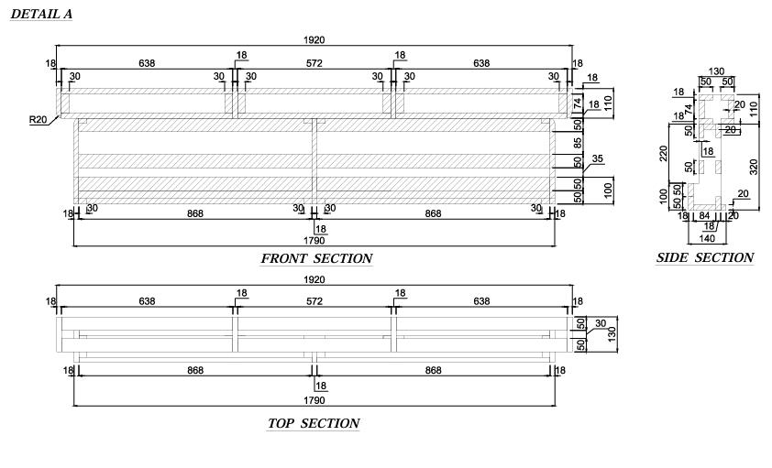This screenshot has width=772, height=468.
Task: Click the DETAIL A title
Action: click(x=41, y=15)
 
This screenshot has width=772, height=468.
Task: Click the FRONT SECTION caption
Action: click(x=316, y=258)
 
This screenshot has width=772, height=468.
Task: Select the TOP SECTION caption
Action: click(x=314, y=424)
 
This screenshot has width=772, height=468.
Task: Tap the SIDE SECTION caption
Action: click(x=704, y=257)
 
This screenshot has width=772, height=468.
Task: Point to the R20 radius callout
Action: click(x=38, y=120)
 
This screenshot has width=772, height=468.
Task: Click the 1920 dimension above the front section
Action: click(x=314, y=39)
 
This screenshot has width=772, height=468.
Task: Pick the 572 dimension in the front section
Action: click(x=314, y=63)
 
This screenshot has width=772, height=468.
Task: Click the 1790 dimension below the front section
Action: click(x=314, y=240)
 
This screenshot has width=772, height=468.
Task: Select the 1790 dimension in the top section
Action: click(x=314, y=400)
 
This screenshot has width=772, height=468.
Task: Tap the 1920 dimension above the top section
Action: click(x=314, y=279)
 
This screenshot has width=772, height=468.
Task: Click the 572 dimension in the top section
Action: click(x=314, y=300)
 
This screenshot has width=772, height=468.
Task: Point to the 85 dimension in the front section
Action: click(x=578, y=143)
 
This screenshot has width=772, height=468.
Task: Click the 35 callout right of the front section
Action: click(x=597, y=158)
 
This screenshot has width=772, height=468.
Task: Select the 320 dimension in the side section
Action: click(x=754, y=167)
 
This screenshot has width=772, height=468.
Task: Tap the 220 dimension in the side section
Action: click(x=663, y=153)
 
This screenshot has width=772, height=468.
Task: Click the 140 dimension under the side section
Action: click(x=707, y=238)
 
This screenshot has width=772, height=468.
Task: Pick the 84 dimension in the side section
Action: click(x=704, y=215)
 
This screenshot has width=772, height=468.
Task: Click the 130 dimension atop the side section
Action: click(x=716, y=71)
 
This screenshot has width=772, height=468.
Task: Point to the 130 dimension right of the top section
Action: click(x=612, y=334)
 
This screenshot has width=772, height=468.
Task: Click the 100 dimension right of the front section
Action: click(x=608, y=190)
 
